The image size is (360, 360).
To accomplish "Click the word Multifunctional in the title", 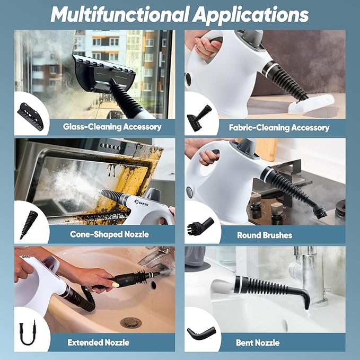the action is point(120,14).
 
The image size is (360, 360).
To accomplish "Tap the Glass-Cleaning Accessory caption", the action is point(112,127).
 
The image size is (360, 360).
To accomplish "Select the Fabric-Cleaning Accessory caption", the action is point(279,128).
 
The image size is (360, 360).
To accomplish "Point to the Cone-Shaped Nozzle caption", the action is point(110,234).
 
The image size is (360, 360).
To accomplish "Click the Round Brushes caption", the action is point(265,235).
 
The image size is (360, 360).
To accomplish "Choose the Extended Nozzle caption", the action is point(98,343).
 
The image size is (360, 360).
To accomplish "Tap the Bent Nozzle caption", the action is point(258,343).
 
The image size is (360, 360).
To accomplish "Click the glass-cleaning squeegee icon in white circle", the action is point(30,116).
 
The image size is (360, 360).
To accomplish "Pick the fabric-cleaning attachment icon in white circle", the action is point(199,118).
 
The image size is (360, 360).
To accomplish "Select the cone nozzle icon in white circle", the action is point(29,225).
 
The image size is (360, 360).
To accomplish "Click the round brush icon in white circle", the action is point(200,226).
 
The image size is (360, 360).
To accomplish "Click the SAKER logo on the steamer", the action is point(141,203).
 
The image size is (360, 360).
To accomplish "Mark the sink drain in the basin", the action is point(131,322).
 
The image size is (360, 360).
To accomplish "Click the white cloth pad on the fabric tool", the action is point(311,104).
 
